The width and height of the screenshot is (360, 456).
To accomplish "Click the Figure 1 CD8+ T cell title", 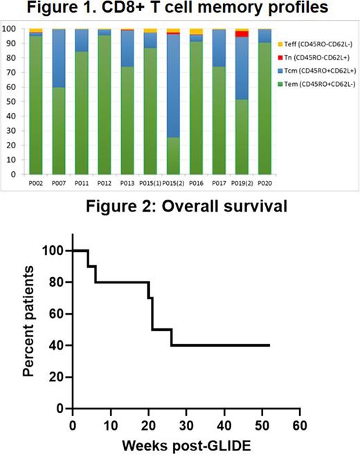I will pyautogui.click(x=180, y=10).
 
